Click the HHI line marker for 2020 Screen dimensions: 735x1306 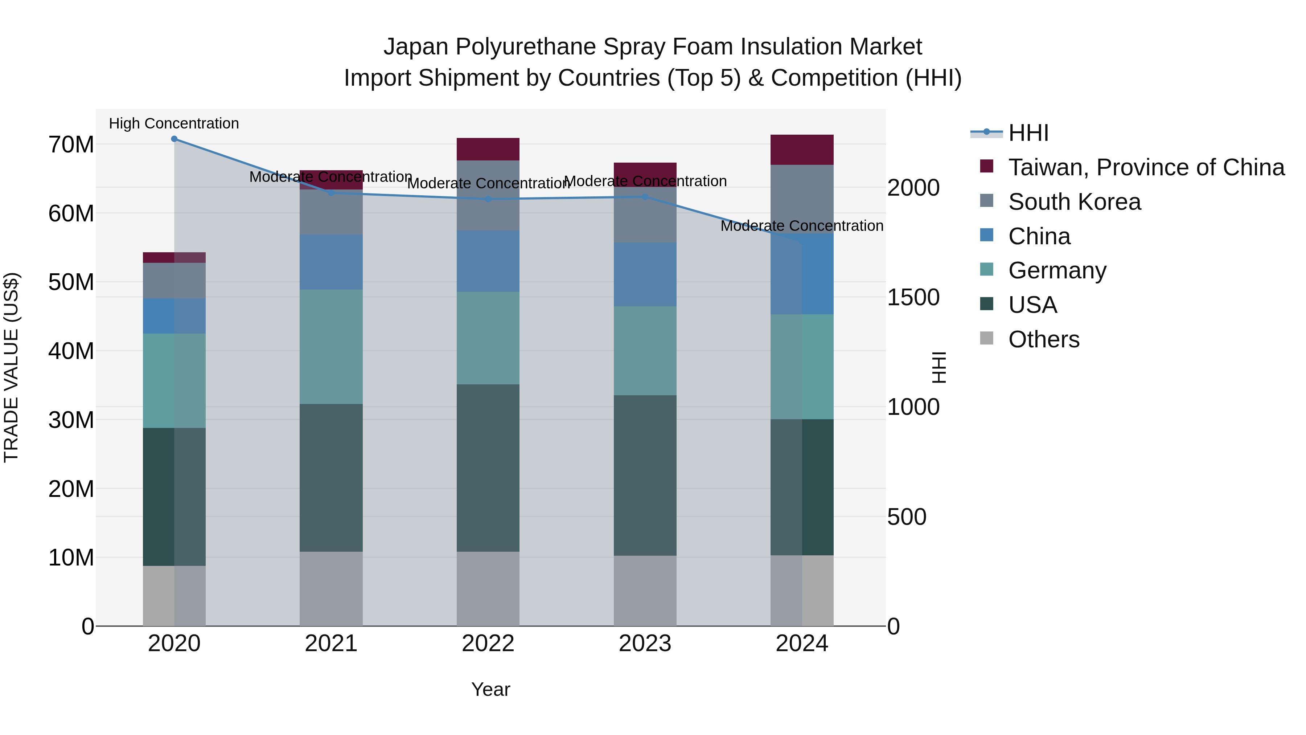click(174, 139)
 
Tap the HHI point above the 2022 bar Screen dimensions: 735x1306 click(488, 199)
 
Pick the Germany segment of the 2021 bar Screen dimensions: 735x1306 click(331, 347)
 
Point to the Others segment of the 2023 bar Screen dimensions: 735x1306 click(645, 591)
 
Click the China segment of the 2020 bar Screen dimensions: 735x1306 click(174, 316)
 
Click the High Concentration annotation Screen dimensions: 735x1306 click(174, 124)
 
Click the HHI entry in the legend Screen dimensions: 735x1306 click(1028, 133)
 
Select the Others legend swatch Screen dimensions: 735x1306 click(987, 338)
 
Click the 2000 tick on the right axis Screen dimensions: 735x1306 click(913, 188)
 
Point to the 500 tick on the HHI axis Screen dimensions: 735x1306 click(907, 517)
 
